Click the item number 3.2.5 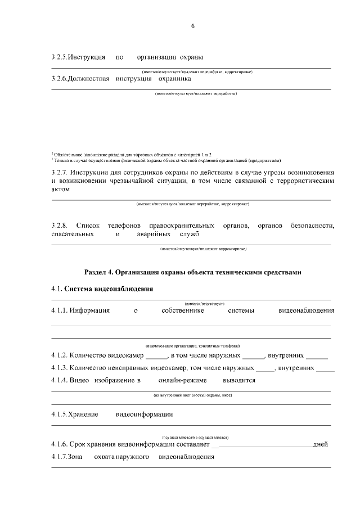(x=58, y=57)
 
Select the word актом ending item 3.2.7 (x=60, y=190)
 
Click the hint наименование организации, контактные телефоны (x=192, y=345)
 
